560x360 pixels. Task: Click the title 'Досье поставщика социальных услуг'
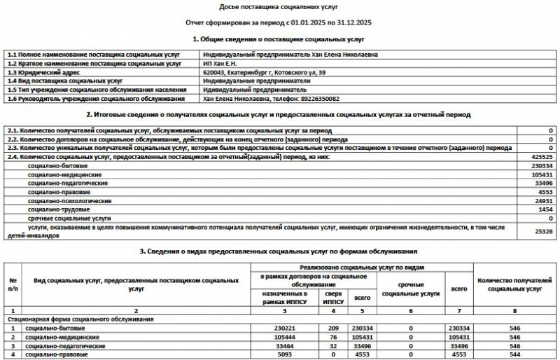[x=279, y=6]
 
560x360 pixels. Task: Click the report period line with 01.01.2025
[x=279, y=23]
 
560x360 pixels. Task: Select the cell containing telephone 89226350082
[x=272, y=99]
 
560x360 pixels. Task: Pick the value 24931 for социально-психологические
[x=542, y=200]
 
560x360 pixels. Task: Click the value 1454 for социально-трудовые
[x=545, y=209]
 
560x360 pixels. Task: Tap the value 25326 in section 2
[x=542, y=231]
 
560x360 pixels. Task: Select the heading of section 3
[x=279, y=251]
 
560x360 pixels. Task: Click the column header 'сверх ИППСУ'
[x=333, y=296]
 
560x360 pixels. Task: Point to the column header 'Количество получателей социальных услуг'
[x=514, y=284]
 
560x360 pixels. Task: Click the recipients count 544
[x=515, y=355]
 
